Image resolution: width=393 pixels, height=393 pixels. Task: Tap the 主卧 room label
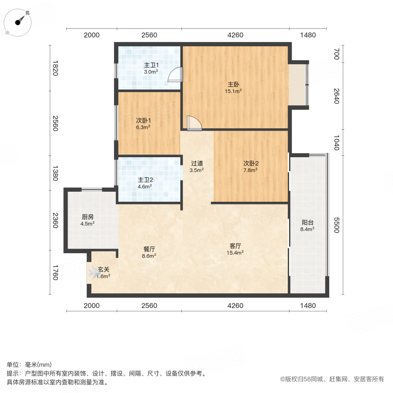click(233, 84)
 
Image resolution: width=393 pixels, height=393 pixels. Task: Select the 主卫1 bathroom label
click(151, 65)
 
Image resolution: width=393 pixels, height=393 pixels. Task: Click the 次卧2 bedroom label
click(251, 163)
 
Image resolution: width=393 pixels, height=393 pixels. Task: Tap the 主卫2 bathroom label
click(145, 179)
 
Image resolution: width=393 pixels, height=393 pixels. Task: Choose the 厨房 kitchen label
click(87, 217)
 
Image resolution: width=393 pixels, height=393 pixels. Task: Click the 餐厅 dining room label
click(149, 249)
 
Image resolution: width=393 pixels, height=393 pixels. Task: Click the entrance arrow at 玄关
click(93, 272)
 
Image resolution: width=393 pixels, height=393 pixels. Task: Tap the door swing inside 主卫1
click(176, 75)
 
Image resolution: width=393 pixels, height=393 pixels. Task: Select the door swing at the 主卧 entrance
click(193, 123)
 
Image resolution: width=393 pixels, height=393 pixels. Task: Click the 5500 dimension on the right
click(336, 225)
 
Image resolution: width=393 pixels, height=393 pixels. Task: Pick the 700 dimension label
click(336, 54)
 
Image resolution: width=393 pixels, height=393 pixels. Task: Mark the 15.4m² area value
click(235, 252)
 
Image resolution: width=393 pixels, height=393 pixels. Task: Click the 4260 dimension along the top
click(235, 35)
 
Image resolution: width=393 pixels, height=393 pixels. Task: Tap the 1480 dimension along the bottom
click(307, 306)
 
